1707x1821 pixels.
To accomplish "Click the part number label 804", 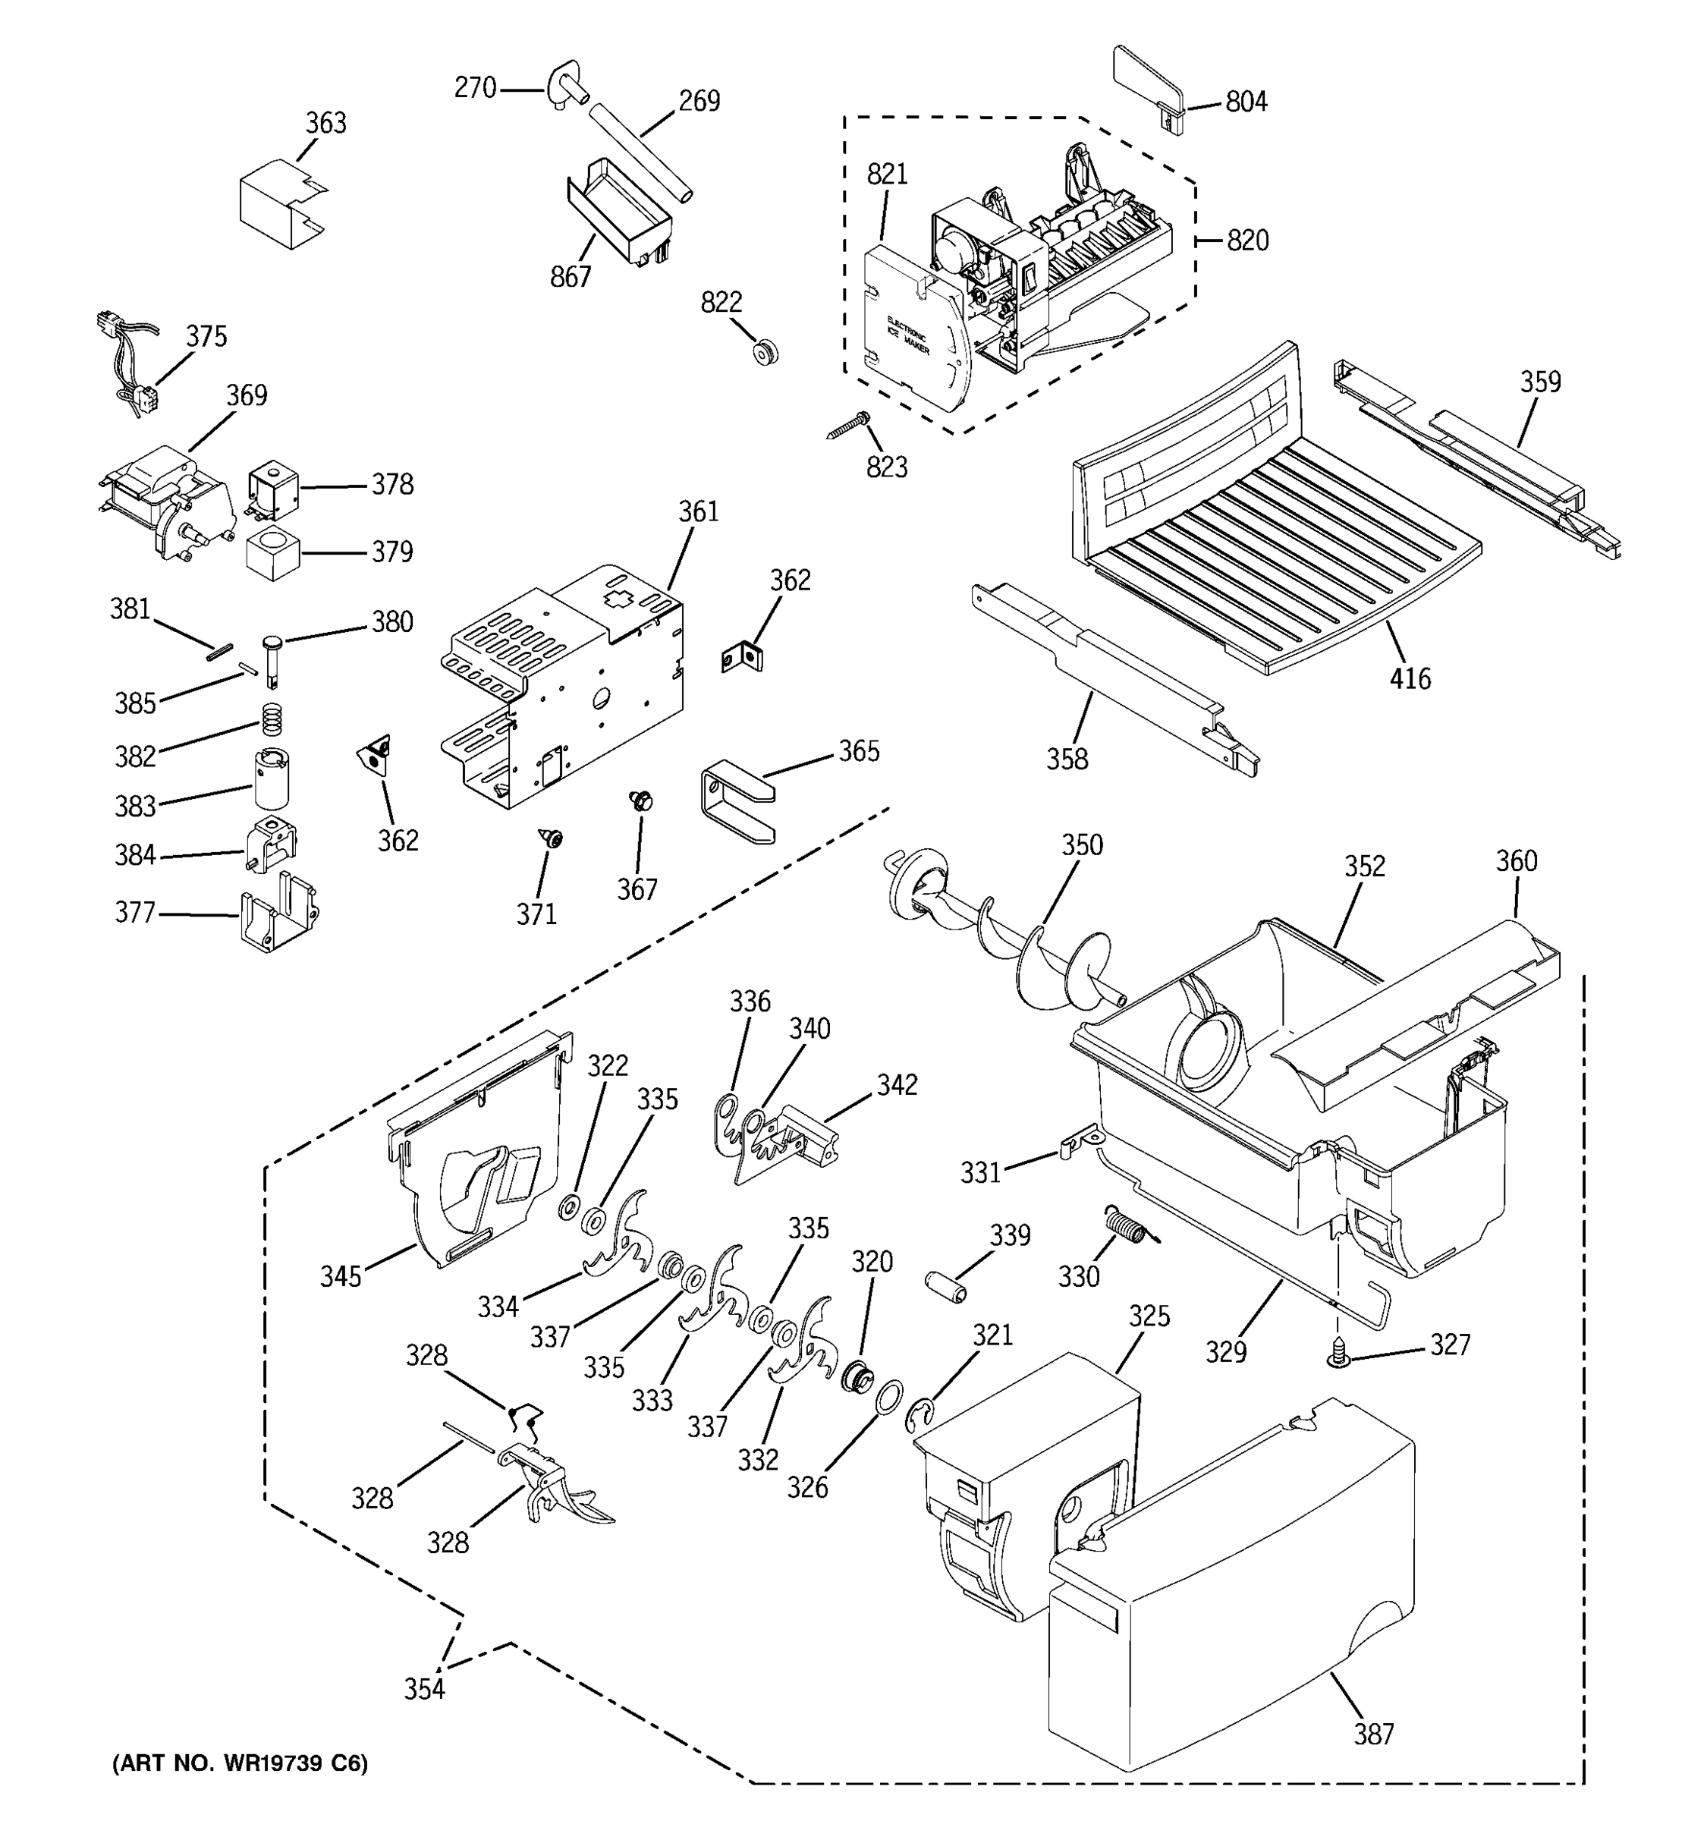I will [1246, 102].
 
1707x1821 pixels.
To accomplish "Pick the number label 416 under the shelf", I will [1410, 679].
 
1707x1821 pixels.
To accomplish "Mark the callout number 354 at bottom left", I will [425, 1688].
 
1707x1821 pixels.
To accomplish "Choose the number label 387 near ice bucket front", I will [1374, 1734].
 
